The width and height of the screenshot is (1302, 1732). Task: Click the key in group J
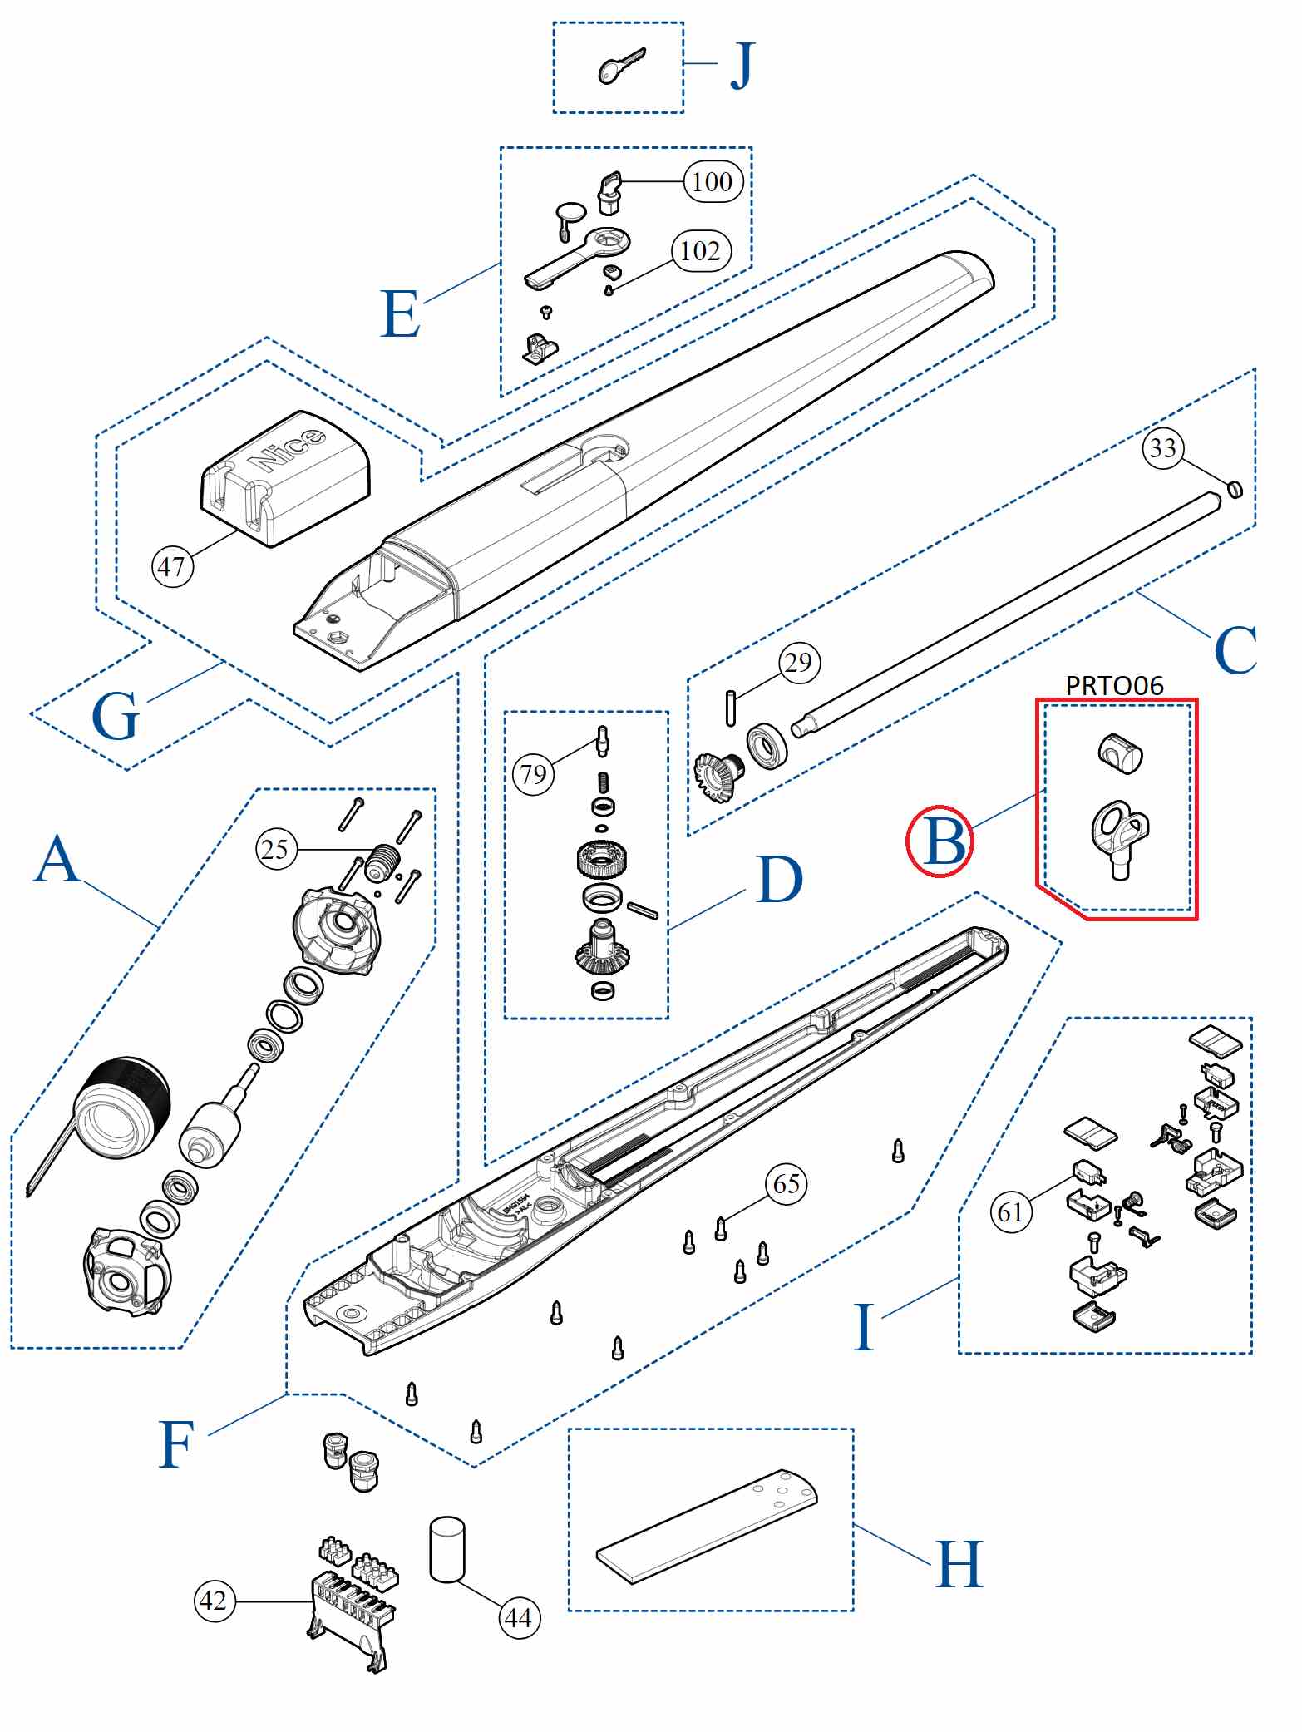tap(619, 67)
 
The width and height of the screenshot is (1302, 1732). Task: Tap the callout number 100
tap(713, 181)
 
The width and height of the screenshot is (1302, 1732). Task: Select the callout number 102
tap(701, 250)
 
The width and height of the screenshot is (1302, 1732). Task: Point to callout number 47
tap(172, 567)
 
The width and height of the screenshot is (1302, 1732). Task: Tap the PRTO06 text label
tap(1114, 685)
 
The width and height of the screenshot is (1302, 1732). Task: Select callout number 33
tap(1163, 448)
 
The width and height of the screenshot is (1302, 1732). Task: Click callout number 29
tap(799, 663)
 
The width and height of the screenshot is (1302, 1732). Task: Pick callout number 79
tap(534, 775)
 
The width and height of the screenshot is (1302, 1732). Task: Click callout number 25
tap(275, 850)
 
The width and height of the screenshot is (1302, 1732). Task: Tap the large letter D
tap(780, 880)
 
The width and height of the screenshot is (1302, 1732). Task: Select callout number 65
tap(787, 1184)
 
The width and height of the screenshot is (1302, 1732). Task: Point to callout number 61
tap(1011, 1212)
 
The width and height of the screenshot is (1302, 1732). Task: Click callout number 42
tap(215, 1601)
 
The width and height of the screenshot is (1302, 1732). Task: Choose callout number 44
tap(519, 1618)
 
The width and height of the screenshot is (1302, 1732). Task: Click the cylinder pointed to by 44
tap(447, 1550)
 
